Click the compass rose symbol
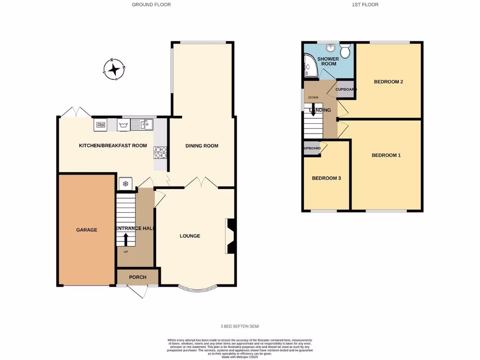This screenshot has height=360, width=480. pyautogui.click(x=114, y=70)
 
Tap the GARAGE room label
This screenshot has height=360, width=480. pyautogui.click(x=87, y=230)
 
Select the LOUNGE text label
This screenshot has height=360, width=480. pyautogui.click(x=190, y=236)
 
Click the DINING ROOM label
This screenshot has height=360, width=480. pyautogui.click(x=202, y=146)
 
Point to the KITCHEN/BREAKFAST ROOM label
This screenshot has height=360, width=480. pyautogui.click(x=112, y=146)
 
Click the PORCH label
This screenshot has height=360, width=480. pyautogui.click(x=138, y=277)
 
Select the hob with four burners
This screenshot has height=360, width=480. pyautogui.click(x=159, y=152)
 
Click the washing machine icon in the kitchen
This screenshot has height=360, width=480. pyautogui.click(x=124, y=124)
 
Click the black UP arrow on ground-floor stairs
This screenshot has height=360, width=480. pyautogui.click(x=126, y=240)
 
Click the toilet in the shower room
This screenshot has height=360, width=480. pyautogui.click(x=346, y=52)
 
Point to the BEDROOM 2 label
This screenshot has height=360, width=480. pyautogui.click(x=388, y=82)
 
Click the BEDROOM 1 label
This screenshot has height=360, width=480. pyautogui.click(x=386, y=155)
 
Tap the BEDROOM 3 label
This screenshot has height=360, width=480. pyautogui.click(x=326, y=178)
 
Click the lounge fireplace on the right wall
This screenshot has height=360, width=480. pyautogui.click(x=230, y=236)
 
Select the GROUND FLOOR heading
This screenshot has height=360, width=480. pyautogui.click(x=151, y=5)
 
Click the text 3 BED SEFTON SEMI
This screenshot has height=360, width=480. pyautogui.click(x=240, y=326)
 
